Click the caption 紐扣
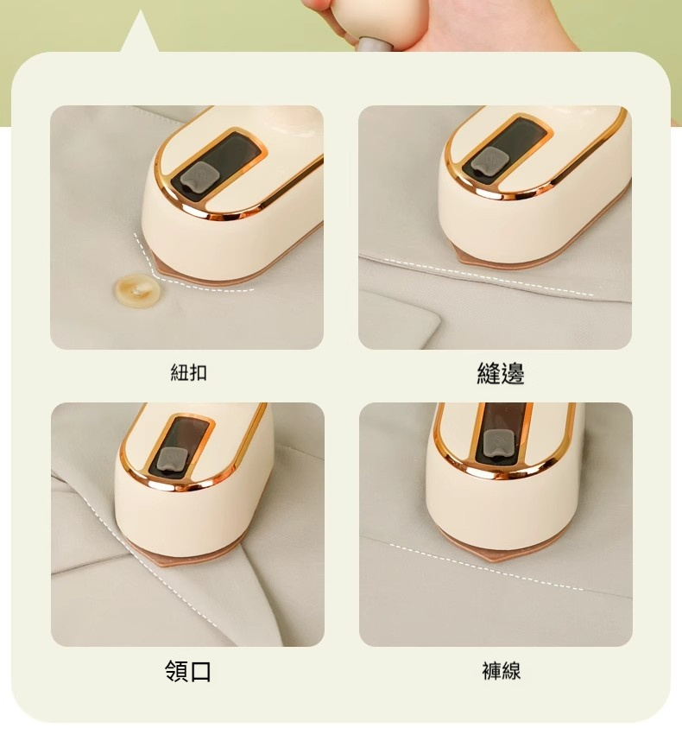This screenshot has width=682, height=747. coord(188,373)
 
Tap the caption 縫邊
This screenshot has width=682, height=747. coord(501,373)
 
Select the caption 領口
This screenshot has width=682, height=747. coord(188,671)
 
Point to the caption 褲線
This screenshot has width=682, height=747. coord(501,671)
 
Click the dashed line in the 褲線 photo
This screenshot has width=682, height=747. coord(483,567)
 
